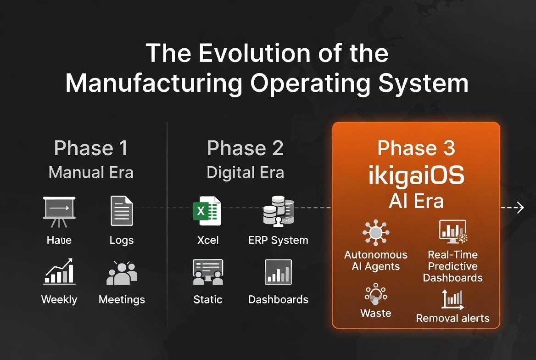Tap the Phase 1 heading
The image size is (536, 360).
coord(91,148)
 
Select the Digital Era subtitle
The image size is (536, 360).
coord(245,173)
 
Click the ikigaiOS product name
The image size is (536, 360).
coord(416,176)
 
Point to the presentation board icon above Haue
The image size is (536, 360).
coord(59,211)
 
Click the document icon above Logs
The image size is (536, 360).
coord(122,211)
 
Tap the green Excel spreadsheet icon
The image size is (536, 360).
coord(207,211)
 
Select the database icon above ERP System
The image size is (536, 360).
coord(278,211)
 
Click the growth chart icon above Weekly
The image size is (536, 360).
coord(59,272)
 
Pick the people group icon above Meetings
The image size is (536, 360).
coord(122,274)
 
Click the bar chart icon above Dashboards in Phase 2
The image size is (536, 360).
coord(278,272)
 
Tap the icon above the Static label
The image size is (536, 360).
coord(207,272)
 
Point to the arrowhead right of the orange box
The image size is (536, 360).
coord(519,208)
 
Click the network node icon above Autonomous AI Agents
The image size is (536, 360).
coord(375,232)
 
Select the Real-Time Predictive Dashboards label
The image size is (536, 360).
coord(452,266)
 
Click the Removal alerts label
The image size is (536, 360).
coord(452,318)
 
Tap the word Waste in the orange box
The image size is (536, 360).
coord(376,314)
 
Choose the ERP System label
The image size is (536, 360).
coord(278,240)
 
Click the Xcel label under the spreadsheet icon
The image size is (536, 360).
coord(207,240)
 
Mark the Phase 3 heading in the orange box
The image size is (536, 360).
coord(416,148)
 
